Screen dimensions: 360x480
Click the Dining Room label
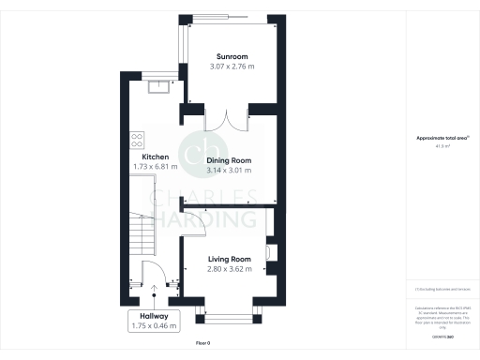click(x=229, y=160)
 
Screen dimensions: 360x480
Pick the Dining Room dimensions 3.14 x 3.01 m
click(x=229, y=171)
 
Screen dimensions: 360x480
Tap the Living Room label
click(x=230, y=259)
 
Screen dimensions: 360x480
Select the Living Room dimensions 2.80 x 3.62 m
click(x=230, y=269)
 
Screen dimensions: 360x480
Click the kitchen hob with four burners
click(x=136, y=140)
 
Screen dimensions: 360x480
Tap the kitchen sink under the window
click(x=158, y=87)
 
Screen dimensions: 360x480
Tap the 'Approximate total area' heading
click(x=441, y=139)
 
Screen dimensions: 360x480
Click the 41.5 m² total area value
click(x=441, y=146)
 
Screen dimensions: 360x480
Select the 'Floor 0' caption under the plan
click(x=203, y=344)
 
